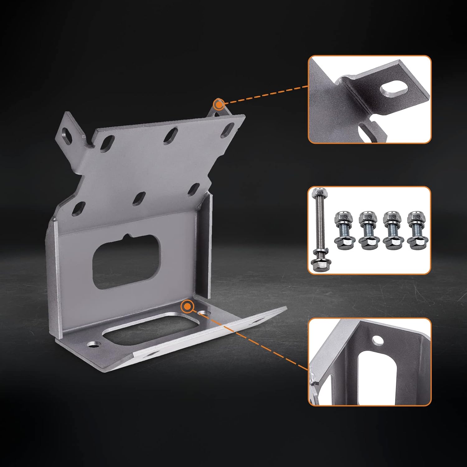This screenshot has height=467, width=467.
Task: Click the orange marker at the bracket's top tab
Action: (x=219, y=104)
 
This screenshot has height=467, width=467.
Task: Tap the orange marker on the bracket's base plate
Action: (x=187, y=307)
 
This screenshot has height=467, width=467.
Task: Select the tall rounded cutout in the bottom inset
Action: (x=377, y=377)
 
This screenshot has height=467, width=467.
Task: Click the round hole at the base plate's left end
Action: (x=94, y=344)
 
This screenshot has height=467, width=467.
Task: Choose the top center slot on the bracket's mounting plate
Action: (x=170, y=136)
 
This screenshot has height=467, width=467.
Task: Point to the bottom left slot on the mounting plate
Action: (x=78, y=209)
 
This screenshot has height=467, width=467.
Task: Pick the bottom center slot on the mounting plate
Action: (x=139, y=198)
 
